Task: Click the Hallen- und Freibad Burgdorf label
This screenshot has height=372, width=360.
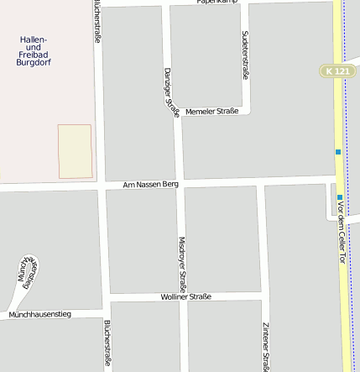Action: tap(34, 57)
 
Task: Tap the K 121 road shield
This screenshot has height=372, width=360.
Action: tap(337, 71)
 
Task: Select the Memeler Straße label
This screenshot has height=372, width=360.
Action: tap(211, 111)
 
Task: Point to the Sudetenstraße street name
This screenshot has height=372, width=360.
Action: tap(245, 55)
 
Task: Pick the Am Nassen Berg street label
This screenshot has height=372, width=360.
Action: tap(150, 184)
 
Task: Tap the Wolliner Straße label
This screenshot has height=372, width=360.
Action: tap(185, 296)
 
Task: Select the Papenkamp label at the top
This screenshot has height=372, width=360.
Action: tap(217, 3)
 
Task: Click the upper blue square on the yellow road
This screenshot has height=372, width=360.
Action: tap(337, 152)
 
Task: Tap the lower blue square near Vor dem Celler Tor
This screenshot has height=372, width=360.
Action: tap(340, 197)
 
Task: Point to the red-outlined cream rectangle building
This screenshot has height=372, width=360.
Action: tap(74, 151)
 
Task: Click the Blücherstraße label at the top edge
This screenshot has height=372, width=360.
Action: tap(97, 21)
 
